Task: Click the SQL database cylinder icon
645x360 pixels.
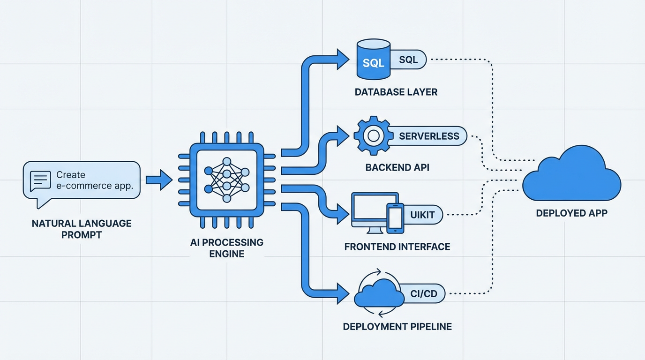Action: point(373,59)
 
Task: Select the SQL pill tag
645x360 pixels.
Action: point(409,60)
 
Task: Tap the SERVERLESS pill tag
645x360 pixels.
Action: point(428,136)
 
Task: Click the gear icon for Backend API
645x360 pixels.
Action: point(373,136)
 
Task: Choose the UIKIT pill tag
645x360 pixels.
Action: point(422,215)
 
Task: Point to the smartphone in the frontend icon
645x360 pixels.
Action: point(395,218)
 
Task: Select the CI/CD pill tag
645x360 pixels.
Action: point(423,293)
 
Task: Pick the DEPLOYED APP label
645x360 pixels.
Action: point(571,213)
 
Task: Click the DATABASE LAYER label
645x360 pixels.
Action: point(396,92)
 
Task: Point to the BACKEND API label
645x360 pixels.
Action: point(397,167)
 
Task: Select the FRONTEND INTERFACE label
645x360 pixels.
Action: point(397,247)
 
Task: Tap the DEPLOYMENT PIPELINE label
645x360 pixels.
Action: point(397,326)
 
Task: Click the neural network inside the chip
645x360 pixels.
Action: point(227,180)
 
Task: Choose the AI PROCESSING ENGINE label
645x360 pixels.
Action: point(227,248)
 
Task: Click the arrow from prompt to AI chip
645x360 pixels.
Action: point(159,180)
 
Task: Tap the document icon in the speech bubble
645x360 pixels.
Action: point(40,180)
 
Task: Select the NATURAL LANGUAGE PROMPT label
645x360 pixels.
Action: point(82,229)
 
